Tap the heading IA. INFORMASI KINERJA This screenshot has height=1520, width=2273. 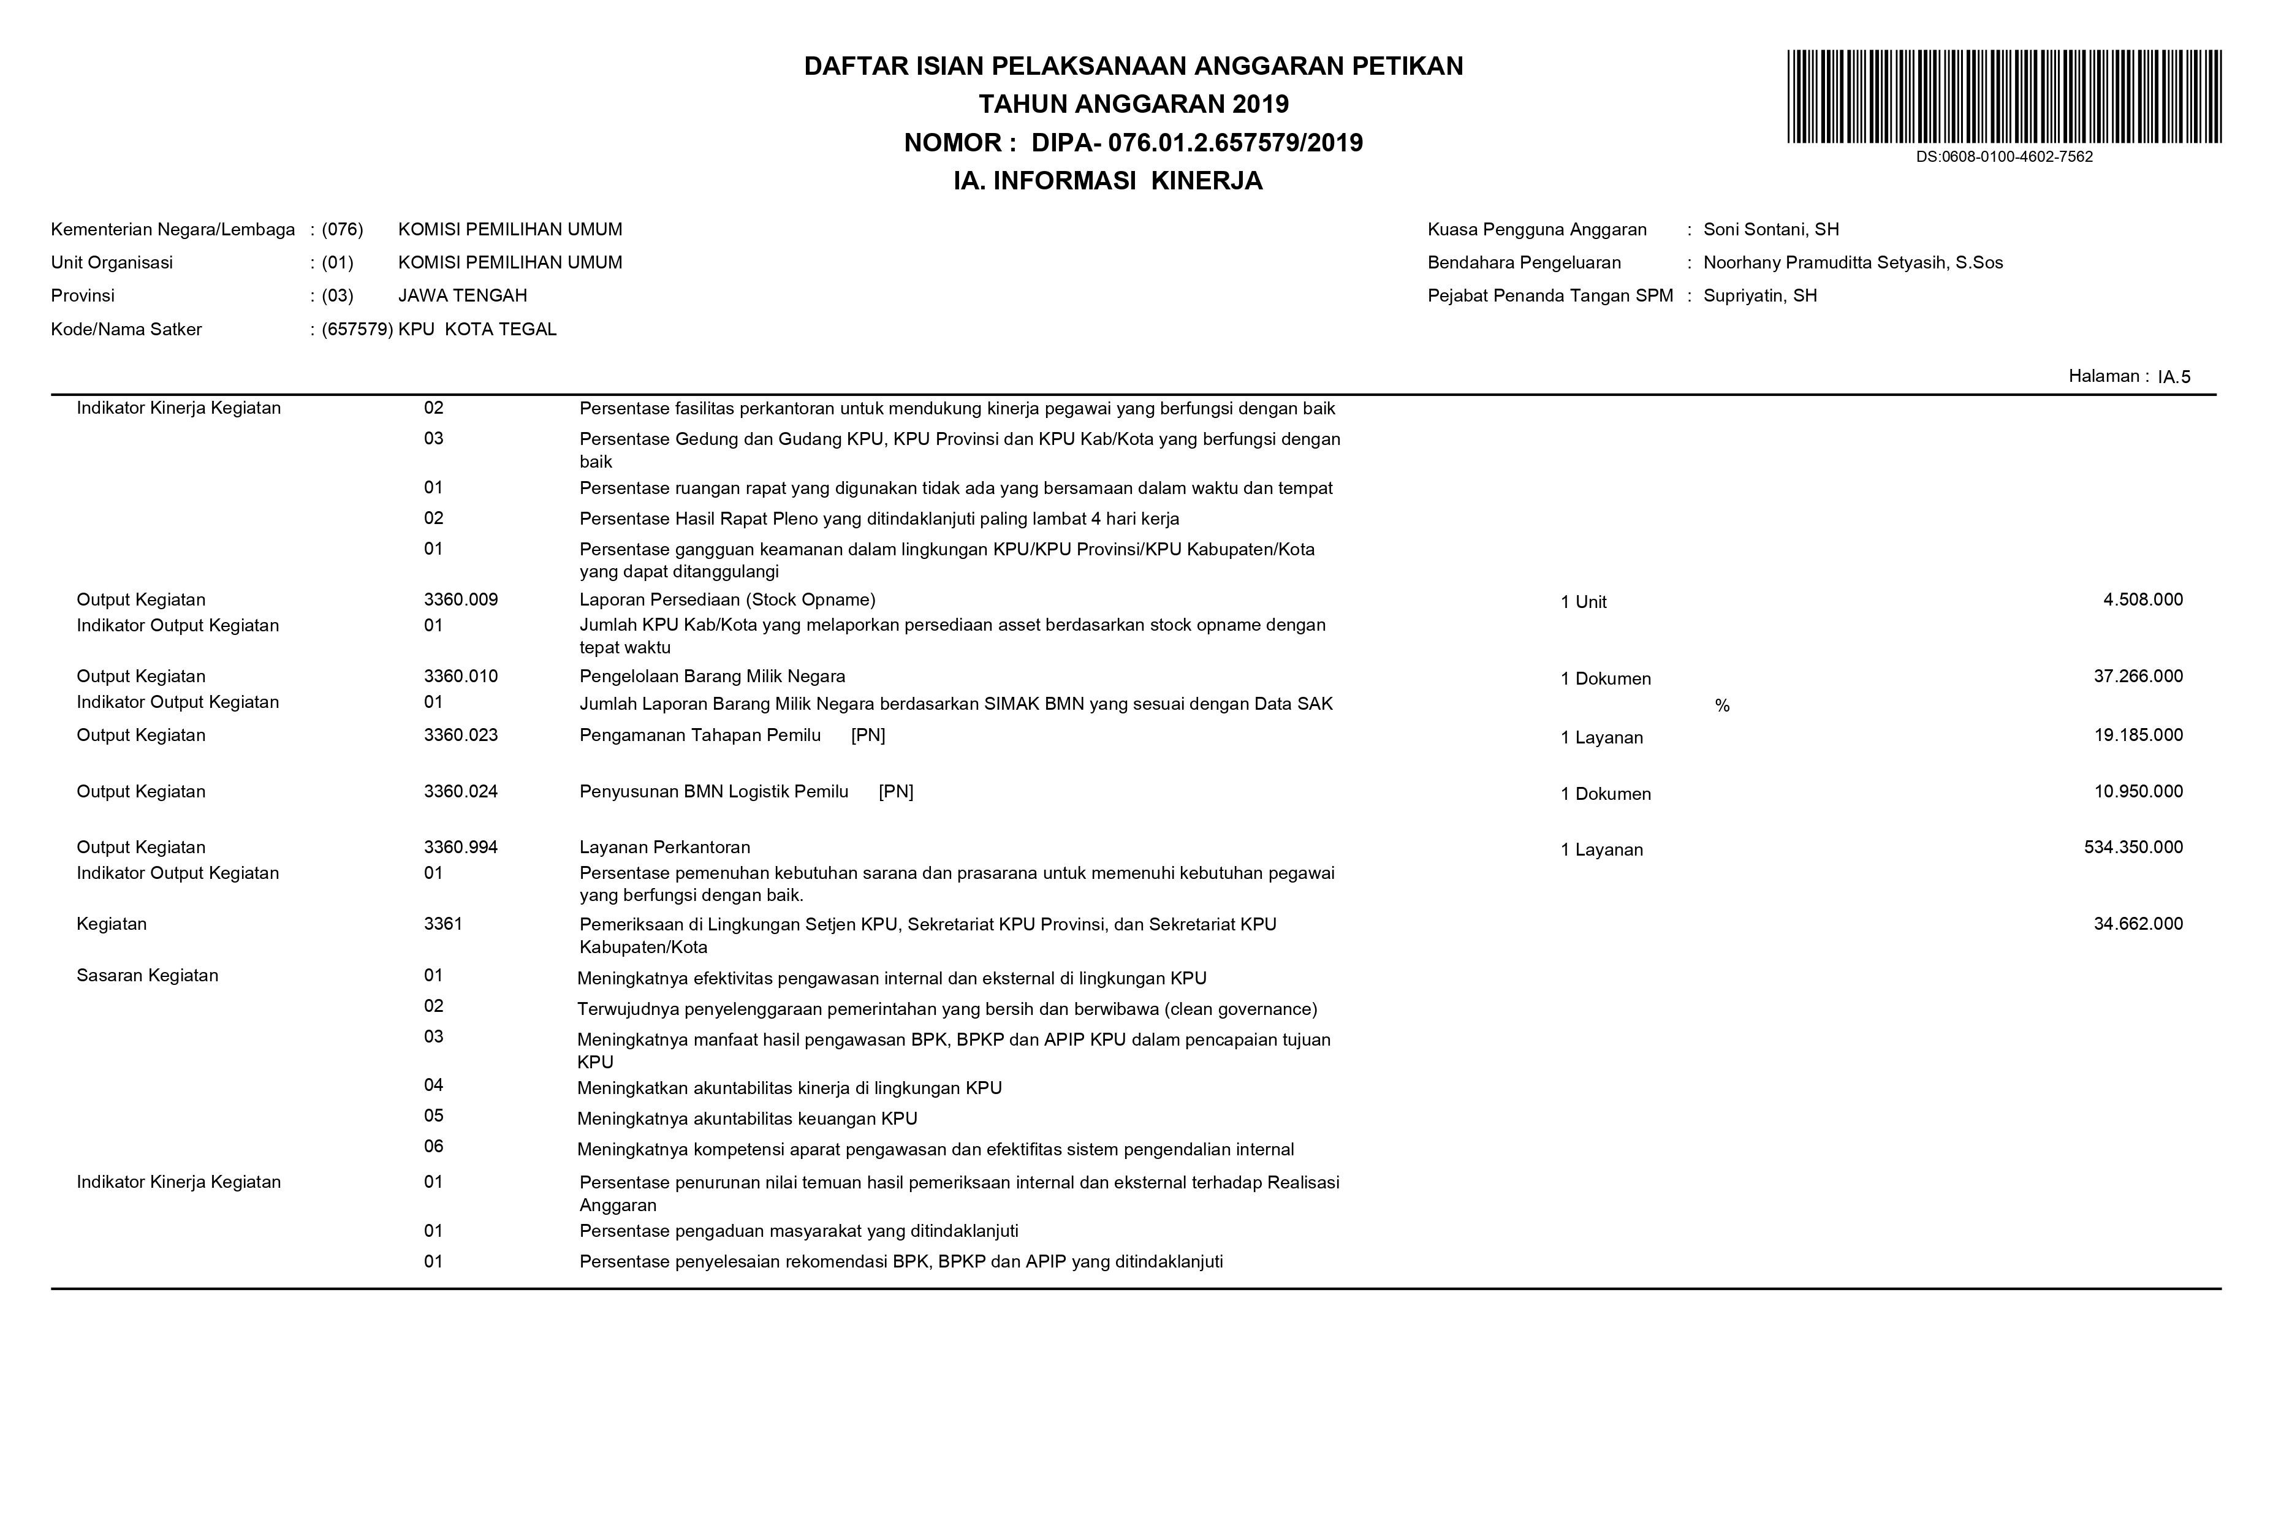pyautogui.click(x=1108, y=181)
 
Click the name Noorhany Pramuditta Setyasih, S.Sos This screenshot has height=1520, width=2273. pyautogui.click(x=1853, y=263)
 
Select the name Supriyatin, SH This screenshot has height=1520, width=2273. pyautogui.click(x=1759, y=295)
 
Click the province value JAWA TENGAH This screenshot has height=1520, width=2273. pyautogui.click(x=462, y=295)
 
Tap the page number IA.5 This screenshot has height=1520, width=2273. pyautogui.click(x=2174, y=377)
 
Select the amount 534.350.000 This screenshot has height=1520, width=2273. pyautogui.click(x=2133, y=847)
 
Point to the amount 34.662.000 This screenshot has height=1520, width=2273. pyautogui.click(x=2138, y=924)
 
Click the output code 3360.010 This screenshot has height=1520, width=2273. pyautogui.click(x=460, y=677)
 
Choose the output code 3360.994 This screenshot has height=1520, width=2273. pyautogui.click(x=460, y=847)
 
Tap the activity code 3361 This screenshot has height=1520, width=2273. pyautogui.click(x=443, y=924)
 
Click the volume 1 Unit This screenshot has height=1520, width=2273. pyautogui.click(x=1583, y=602)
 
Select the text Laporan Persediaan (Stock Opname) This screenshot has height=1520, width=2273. pyautogui.click(x=727, y=600)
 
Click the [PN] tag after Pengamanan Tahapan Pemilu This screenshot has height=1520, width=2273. pyautogui.click(x=868, y=735)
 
